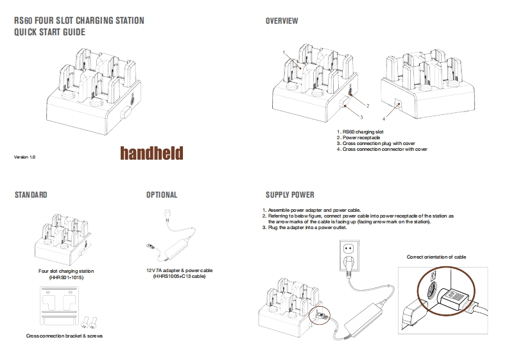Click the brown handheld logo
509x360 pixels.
click(151, 152)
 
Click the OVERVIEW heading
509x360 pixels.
click(282, 21)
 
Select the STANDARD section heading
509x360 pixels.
click(31, 194)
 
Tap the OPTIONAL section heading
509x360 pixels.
click(162, 194)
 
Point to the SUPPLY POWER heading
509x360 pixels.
click(289, 194)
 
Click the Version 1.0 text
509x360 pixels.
click(24, 157)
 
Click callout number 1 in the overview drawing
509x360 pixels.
click(283, 51)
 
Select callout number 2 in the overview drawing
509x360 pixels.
click(367, 105)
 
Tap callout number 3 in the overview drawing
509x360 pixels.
click(361, 117)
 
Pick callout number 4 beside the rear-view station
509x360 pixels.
click(383, 119)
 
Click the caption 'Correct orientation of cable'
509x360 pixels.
click(436, 257)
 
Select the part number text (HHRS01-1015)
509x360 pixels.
click(66, 277)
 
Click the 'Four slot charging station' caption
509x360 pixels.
click(66, 271)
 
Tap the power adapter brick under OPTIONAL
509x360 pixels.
click(182, 246)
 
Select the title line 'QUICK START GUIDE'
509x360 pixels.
click(49, 33)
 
